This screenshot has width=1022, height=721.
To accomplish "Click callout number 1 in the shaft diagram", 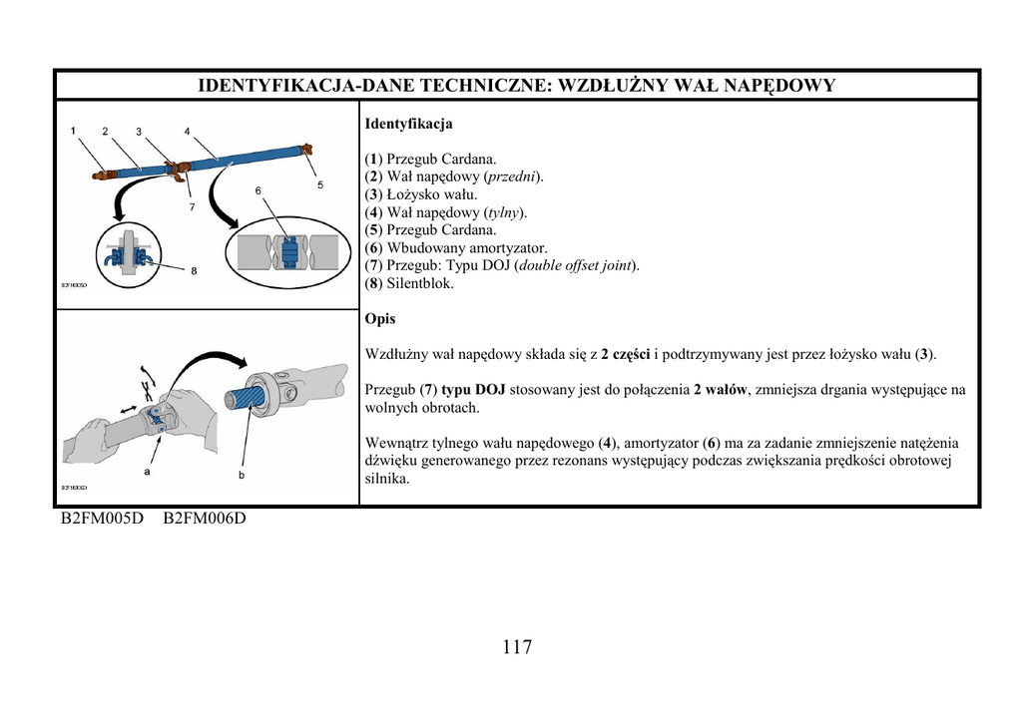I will [73, 131].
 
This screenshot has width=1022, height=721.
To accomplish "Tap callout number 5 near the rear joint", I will [319, 184].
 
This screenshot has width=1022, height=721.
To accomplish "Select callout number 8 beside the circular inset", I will [193, 269].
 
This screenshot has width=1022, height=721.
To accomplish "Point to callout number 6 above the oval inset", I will [257, 189].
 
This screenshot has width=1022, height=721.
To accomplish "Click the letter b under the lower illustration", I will [241, 476].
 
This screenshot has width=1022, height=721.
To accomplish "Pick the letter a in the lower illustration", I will [147, 471].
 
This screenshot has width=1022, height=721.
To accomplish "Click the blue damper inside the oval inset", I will [288, 252].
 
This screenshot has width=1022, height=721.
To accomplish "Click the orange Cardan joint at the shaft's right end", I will [305, 150].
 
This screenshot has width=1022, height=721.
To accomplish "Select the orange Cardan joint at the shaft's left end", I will [102, 176].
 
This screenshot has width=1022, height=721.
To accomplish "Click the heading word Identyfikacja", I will [408, 125].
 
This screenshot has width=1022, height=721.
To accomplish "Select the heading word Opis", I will [380, 319].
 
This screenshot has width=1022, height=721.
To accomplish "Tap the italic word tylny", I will [505, 212].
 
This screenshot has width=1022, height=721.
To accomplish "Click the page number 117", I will [517, 647].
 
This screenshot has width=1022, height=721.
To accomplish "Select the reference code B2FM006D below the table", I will [204, 520].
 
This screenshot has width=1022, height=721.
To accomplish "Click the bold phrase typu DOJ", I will [473, 390].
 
